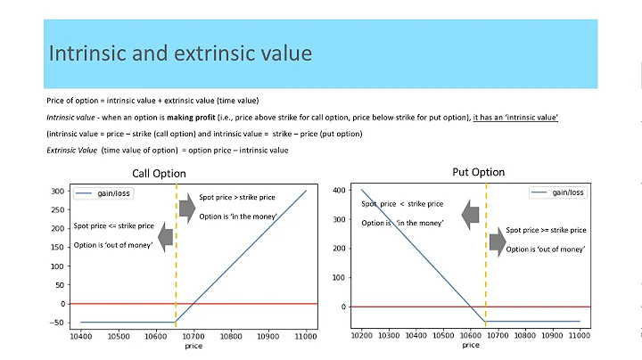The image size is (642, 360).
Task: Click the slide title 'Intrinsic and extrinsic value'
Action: pos(180,53)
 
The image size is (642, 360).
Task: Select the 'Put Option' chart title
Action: pos(478,172)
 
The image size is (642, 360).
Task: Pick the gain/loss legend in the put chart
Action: pos(558,192)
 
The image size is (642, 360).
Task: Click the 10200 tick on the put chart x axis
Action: pos(362,337)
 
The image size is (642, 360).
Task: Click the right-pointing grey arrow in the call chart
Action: pos(186,209)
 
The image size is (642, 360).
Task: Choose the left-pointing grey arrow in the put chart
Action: pos(471,215)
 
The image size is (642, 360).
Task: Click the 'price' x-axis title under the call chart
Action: pos(193,346)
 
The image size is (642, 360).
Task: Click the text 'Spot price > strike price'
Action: pos(237,197)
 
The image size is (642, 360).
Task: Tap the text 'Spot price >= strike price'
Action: pos(546,230)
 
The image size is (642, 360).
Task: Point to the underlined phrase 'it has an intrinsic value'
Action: pos(515,117)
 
